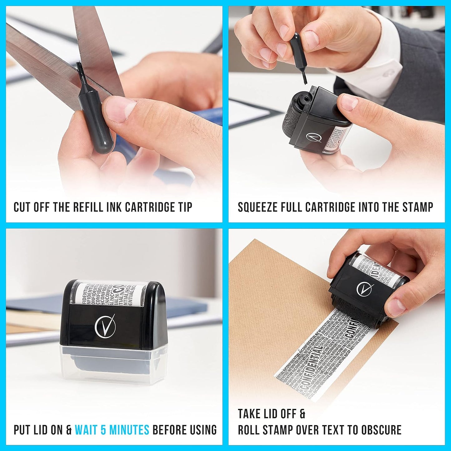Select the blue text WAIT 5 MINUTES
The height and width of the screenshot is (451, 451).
(112, 430)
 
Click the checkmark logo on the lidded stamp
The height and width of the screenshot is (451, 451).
(105, 325)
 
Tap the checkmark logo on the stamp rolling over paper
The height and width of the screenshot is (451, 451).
(365, 289)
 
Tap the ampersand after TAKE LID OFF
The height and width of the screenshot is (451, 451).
(302, 414)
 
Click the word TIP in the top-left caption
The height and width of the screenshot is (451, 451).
(185, 207)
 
